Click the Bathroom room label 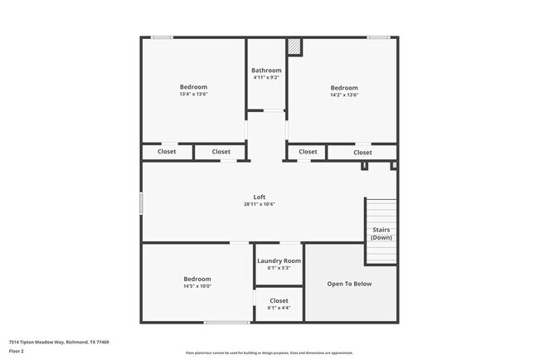pos(266,71)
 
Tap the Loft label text pos(260,197)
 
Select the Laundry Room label pos(279,260)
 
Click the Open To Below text pos(349,284)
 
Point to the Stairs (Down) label pos(381,233)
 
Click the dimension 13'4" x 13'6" pos(193,95)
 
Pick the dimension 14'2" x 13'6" pos(344,95)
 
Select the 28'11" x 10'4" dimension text pos(260,204)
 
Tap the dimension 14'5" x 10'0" pos(197,286)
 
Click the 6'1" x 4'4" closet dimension pos(279,308)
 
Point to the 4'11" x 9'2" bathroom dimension pos(266,78)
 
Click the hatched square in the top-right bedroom pos(294,47)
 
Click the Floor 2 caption pos(17,351)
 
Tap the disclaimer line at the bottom pos(269,353)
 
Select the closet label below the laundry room pos(279,300)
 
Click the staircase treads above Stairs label pos(381,211)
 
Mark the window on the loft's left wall pos(141,204)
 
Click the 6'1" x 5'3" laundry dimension pos(279,268)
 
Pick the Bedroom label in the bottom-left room pos(197,279)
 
